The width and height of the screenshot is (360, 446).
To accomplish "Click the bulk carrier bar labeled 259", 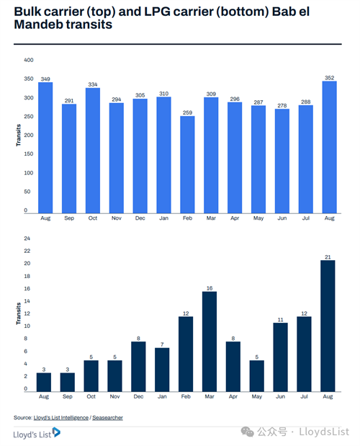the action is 187,165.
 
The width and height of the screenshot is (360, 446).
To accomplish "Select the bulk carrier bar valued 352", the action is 329,147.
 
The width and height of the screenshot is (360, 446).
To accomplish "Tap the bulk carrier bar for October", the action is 93,151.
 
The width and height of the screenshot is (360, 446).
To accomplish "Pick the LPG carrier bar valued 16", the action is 210,342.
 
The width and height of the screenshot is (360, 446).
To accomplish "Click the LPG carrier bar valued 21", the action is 328,326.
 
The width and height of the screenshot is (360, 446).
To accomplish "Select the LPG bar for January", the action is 162,370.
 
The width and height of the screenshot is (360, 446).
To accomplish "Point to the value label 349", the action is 45,79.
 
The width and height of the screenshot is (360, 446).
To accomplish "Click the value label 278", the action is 282,105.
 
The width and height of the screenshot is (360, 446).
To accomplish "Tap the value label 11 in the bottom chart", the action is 281,320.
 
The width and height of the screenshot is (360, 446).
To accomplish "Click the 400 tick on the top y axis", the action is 28,60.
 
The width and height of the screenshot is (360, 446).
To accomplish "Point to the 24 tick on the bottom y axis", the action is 27,238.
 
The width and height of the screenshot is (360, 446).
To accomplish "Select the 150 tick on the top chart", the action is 28,154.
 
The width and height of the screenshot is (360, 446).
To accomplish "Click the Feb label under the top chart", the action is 187,218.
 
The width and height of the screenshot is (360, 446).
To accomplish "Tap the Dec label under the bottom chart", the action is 138,396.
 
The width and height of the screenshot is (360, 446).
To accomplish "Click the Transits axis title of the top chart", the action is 19,135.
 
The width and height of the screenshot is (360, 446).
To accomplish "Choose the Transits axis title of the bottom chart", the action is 19,313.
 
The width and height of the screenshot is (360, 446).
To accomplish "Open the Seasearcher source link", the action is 107,418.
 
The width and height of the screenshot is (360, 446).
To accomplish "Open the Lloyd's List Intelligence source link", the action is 60,418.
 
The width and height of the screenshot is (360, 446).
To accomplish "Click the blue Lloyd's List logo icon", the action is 56,432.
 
